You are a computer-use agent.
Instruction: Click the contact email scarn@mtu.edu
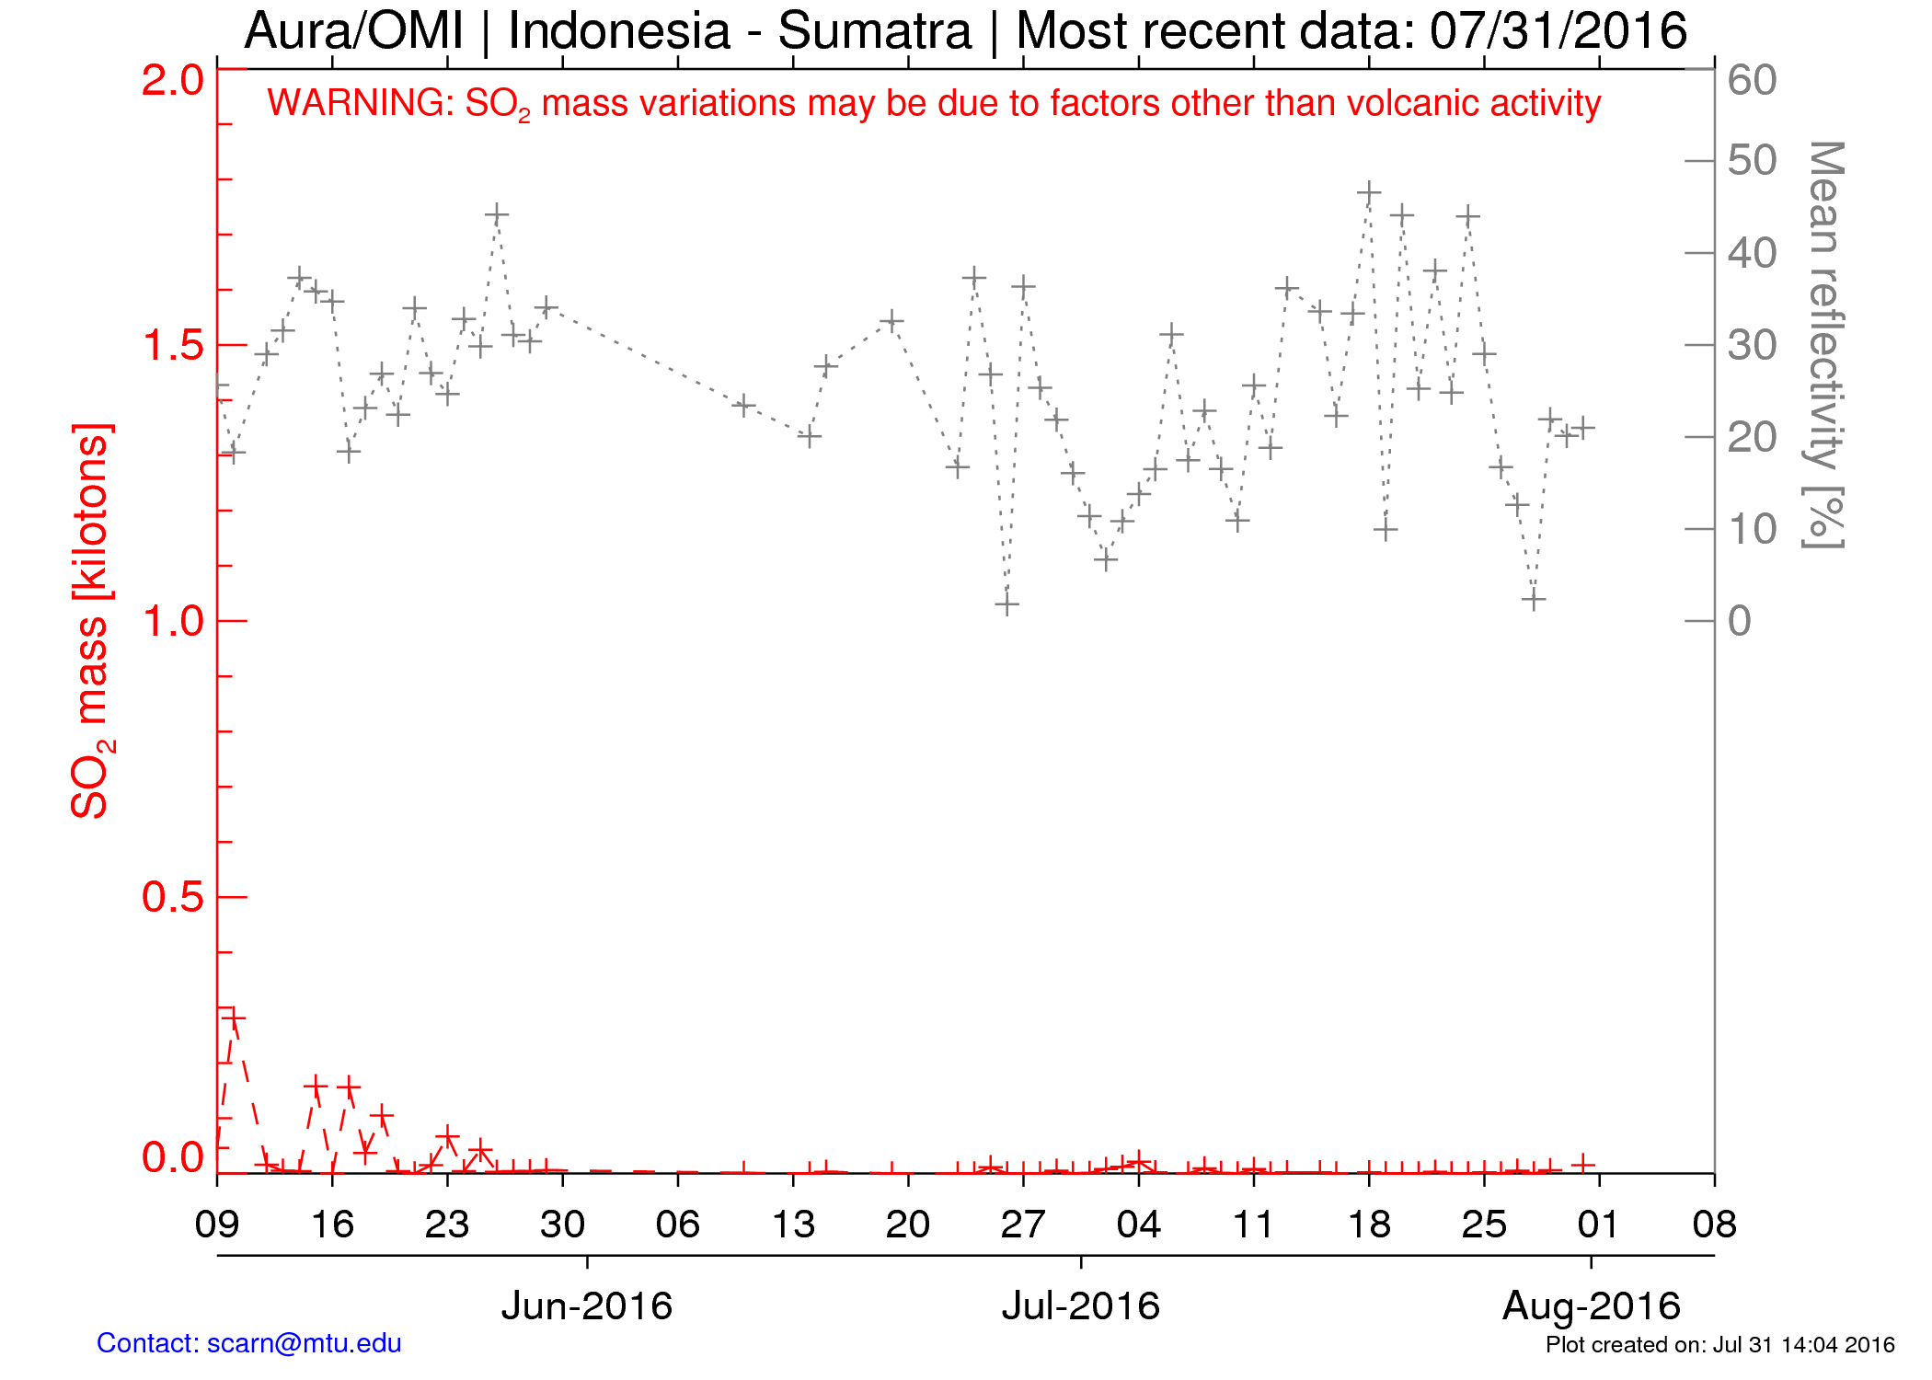[304, 1343]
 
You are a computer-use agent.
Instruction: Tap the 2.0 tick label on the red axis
[172, 81]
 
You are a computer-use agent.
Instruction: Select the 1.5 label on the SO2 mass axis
[172, 346]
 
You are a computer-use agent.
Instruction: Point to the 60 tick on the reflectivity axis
[1752, 81]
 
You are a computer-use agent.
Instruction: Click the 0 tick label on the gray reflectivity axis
[1739, 622]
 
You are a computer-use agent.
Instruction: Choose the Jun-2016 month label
[587, 1306]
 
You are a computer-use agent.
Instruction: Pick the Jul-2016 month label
[1081, 1306]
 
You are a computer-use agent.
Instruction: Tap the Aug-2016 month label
[1592, 1306]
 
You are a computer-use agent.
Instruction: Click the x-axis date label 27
[1023, 1225]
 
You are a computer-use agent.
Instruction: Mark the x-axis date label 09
[217, 1225]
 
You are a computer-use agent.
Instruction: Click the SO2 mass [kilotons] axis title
[92, 621]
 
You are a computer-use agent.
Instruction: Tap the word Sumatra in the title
[875, 31]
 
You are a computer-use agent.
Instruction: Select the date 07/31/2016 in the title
[1558, 31]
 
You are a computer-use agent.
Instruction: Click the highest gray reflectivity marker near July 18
[1369, 193]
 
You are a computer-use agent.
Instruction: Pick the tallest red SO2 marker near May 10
[234, 1018]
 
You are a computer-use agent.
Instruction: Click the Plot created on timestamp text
[1719, 1345]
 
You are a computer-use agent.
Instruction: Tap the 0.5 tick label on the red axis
[172, 898]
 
